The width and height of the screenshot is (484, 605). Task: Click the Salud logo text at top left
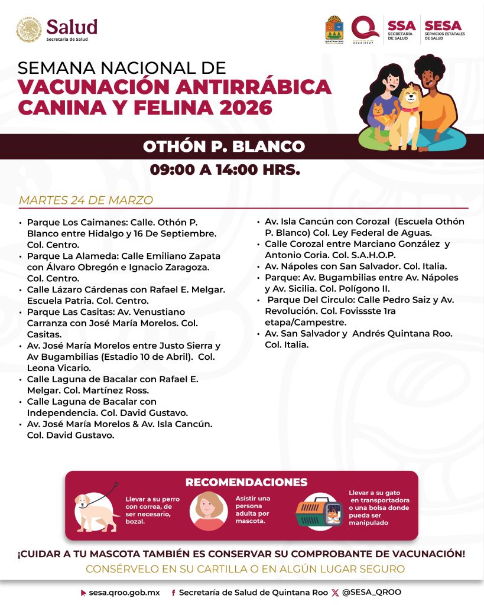72,27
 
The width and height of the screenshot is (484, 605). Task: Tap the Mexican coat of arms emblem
28,30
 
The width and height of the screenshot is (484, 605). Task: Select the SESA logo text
444,26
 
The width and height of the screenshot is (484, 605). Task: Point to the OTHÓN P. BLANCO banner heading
224,147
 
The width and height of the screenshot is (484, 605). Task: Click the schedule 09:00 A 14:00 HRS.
225,170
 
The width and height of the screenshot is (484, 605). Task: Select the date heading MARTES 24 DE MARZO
86,200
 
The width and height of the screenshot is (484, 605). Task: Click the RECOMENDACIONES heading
246,482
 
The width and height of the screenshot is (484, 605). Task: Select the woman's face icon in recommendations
209,510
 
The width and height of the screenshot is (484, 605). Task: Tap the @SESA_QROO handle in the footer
372,592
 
